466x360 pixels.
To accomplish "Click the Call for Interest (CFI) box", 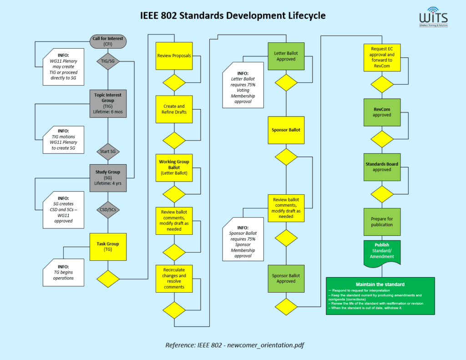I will click(108, 41).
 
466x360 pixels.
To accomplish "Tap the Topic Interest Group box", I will click(108, 103).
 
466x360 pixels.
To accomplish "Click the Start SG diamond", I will click(108, 151).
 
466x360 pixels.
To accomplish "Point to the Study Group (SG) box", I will click(108, 177).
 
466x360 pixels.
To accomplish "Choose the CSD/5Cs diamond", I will click(108, 210).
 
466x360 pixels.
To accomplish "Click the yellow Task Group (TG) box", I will click(108, 247).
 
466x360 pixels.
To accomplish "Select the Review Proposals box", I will click(174, 56).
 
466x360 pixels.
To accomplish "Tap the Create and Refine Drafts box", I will click(174, 109).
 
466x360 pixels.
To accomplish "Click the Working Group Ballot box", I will click(174, 167).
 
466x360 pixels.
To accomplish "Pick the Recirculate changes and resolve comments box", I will click(174, 278).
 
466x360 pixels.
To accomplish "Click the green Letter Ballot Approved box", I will click(286, 56).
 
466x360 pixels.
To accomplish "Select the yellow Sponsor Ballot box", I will click(286, 130).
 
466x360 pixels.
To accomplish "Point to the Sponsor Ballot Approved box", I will click(286, 278).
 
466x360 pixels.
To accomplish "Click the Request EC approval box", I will click(382, 57).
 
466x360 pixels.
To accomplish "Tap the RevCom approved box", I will click(382, 112).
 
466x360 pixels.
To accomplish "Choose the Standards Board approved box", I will click(382, 167).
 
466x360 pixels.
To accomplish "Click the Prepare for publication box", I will click(382, 222).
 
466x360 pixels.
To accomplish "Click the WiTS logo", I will click(434, 19).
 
